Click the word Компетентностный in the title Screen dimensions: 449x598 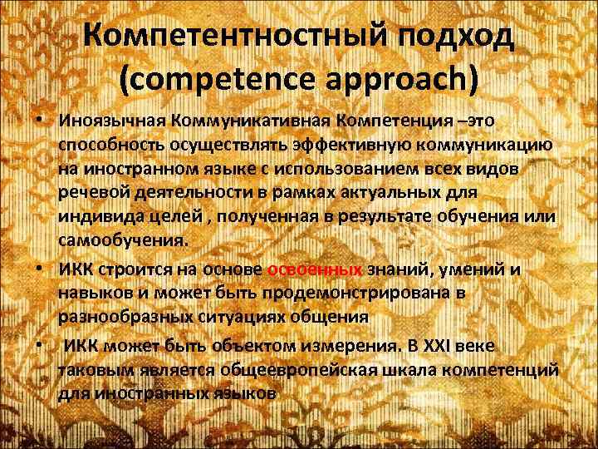tap(221, 37)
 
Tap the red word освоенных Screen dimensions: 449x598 tap(316, 269)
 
